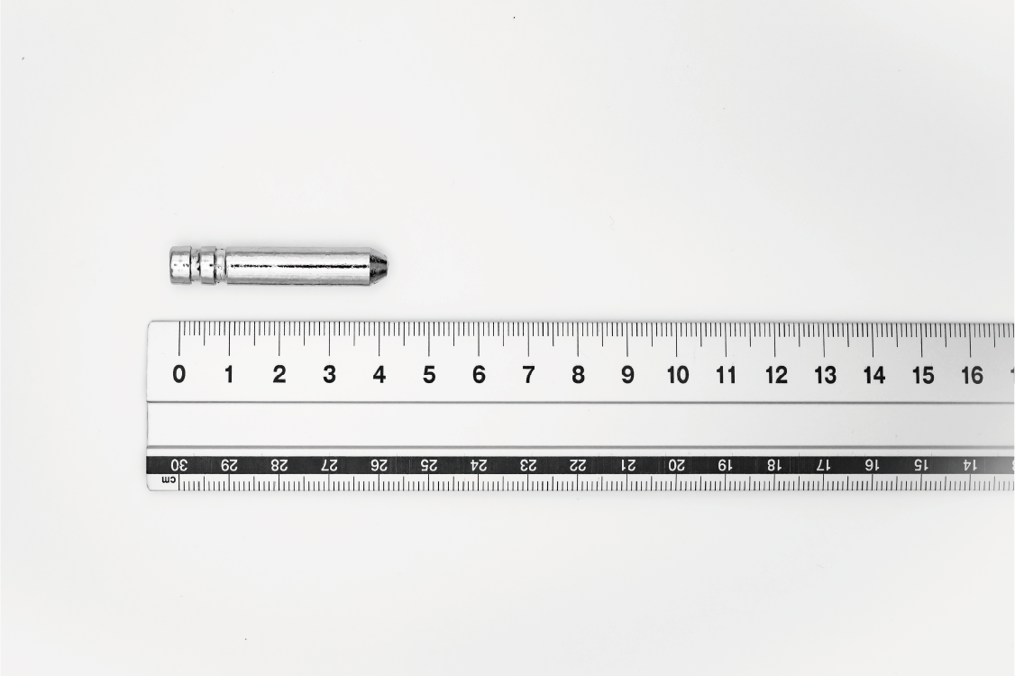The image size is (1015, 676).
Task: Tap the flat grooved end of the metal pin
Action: [x=171, y=266]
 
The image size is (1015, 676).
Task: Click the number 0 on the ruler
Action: [x=179, y=374]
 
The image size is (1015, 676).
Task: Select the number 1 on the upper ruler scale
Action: [x=229, y=374]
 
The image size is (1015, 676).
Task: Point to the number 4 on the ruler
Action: [x=379, y=374]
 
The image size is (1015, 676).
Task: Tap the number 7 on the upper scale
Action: [x=529, y=374]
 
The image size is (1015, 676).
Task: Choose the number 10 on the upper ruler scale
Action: [x=678, y=375]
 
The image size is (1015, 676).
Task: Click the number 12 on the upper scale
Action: [x=776, y=375]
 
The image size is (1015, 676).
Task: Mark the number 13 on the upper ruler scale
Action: [x=826, y=375]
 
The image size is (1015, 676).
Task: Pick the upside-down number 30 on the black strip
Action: [x=178, y=465]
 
